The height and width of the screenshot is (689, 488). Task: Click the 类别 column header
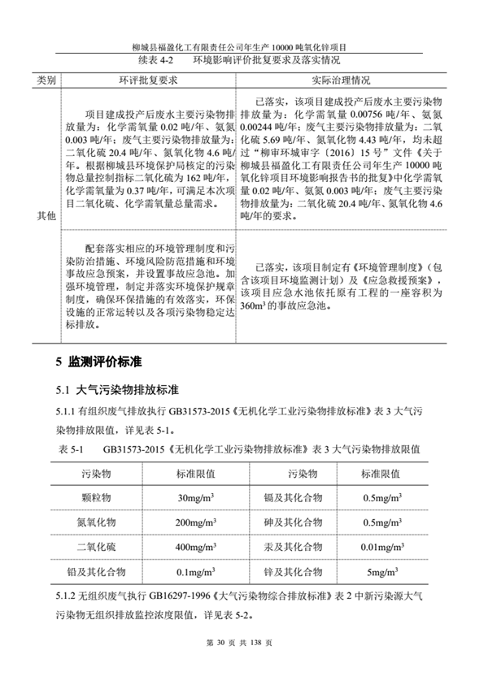(46, 81)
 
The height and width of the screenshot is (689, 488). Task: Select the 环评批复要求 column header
(148, 81)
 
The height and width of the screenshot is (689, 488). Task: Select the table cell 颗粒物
(100, 496)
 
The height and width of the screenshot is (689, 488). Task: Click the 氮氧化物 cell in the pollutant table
(100, 522)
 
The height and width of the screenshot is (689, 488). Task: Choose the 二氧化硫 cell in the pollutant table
(100, 546)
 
